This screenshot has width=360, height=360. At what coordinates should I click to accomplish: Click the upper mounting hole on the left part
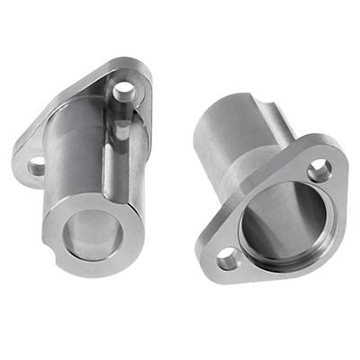click(x=123, y=90)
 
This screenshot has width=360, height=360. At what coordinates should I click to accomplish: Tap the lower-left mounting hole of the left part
click(x=37, y=166)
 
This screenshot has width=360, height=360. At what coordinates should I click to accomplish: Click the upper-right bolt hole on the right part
click(x=319, y=170)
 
